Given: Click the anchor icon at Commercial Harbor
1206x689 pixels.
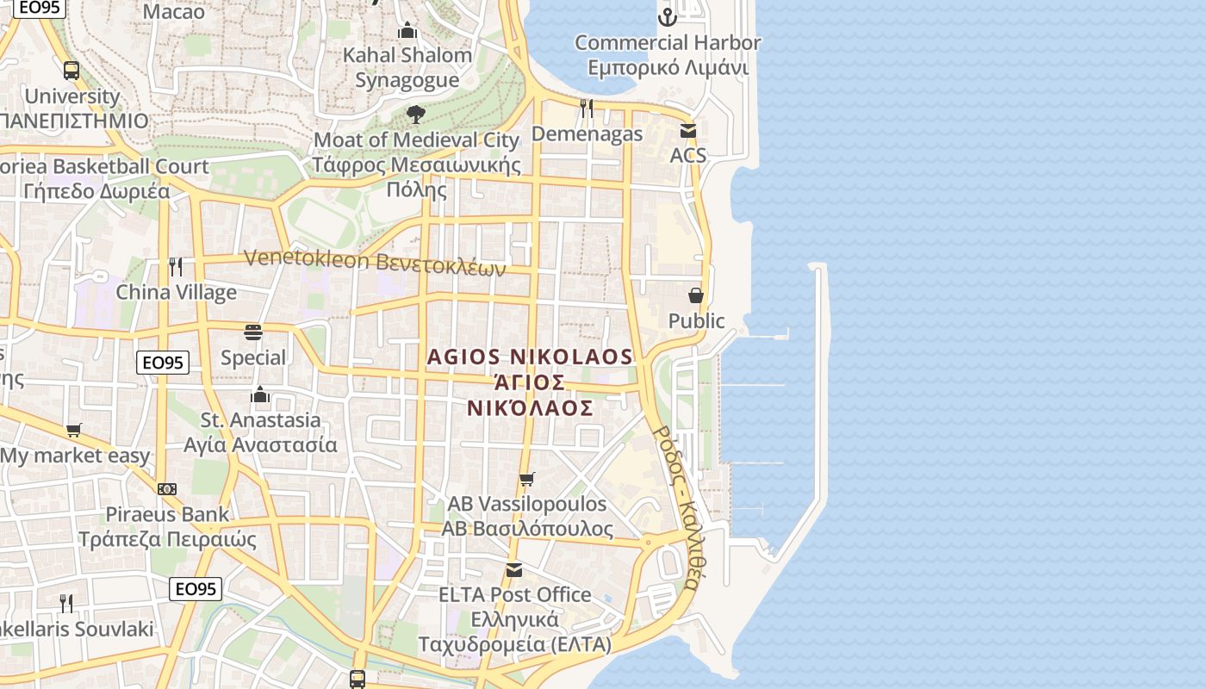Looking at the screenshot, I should coord(667,16).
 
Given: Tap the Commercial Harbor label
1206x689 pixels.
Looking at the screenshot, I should coord(668,55).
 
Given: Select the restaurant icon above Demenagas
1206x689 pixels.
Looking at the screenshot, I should coord(587,108).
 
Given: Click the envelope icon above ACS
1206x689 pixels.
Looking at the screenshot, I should coord(688,131).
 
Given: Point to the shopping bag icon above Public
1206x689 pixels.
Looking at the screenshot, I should coord(696,295).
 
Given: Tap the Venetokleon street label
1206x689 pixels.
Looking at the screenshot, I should coord(375,261).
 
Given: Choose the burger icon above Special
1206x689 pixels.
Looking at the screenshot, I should coord(253,332).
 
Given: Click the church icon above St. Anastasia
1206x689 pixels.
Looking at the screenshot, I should coord(260,394).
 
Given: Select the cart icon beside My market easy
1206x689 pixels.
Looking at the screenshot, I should coord(74,430).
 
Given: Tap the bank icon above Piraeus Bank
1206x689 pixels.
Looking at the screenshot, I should coord(167,489).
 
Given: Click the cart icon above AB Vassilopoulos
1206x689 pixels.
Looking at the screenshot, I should coord(526,479).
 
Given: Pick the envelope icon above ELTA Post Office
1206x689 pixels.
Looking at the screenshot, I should coord(514,569).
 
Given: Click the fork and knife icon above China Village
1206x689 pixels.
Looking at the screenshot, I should coord(176,267).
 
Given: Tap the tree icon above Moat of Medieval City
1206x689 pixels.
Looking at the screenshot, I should coord(416,114).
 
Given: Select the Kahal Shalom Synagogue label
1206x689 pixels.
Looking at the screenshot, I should coord(407,67).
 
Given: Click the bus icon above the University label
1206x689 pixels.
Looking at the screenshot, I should coord(71,71).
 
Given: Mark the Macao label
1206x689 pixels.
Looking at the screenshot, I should coord(174,12).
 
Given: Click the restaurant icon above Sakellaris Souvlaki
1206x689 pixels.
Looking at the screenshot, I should coord(65,603).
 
